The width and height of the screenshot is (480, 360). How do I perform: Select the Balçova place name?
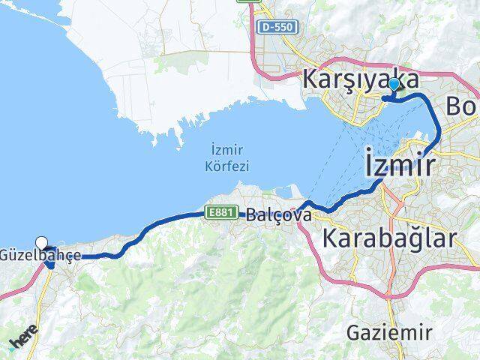(271, 214)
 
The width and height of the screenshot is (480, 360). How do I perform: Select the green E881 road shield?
(222, 213)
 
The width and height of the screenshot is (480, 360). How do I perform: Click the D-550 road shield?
(279, 27)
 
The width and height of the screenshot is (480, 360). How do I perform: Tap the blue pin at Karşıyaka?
(393, 85)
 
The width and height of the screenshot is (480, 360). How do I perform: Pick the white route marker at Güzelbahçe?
(42, 242)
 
